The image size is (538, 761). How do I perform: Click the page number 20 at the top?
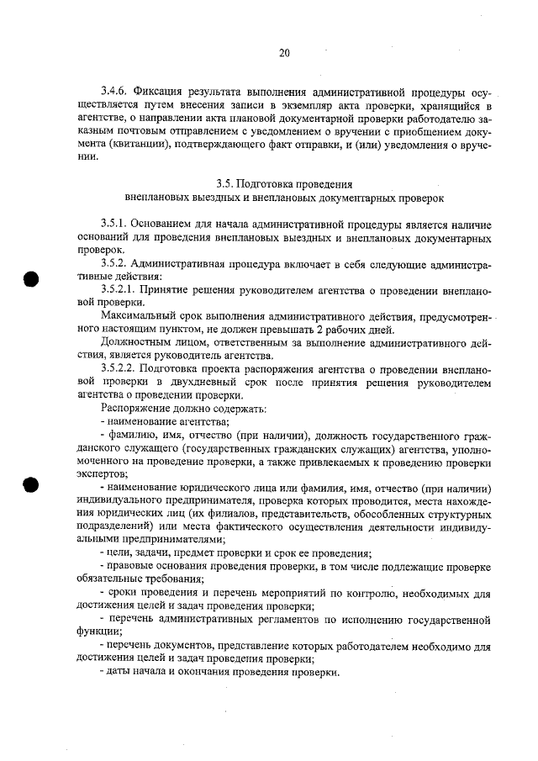(284, 53)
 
